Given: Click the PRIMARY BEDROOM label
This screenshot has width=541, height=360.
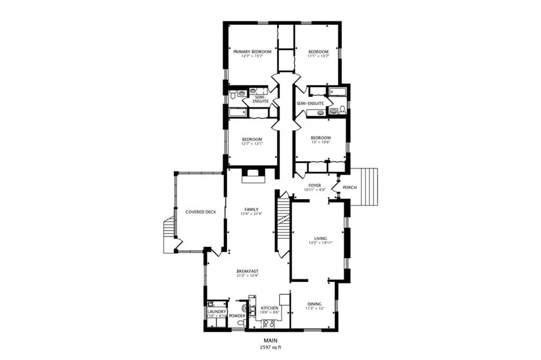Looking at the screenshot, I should pos(253,51).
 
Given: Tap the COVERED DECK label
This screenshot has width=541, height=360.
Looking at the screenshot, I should pos(201,212).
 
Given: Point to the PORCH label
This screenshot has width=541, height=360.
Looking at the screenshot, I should pos(350,188).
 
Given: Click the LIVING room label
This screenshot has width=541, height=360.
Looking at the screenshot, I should pos(320,239).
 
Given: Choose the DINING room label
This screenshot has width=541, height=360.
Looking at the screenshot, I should pos(314,303).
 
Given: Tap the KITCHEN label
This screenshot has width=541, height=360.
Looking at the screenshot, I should pos(269,308).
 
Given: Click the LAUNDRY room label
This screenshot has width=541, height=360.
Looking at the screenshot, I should pos(217,312).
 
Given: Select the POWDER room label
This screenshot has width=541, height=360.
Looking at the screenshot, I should pos(237,316).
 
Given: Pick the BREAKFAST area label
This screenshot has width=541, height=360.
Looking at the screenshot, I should pos(247,271).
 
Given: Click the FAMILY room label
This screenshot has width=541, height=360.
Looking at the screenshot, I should pos(251,209).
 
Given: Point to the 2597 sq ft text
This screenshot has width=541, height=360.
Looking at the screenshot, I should pos(270,347).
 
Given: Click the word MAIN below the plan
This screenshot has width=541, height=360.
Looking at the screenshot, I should pos(270,340).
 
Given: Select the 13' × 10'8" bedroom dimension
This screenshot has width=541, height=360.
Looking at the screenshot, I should pos(320,143).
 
